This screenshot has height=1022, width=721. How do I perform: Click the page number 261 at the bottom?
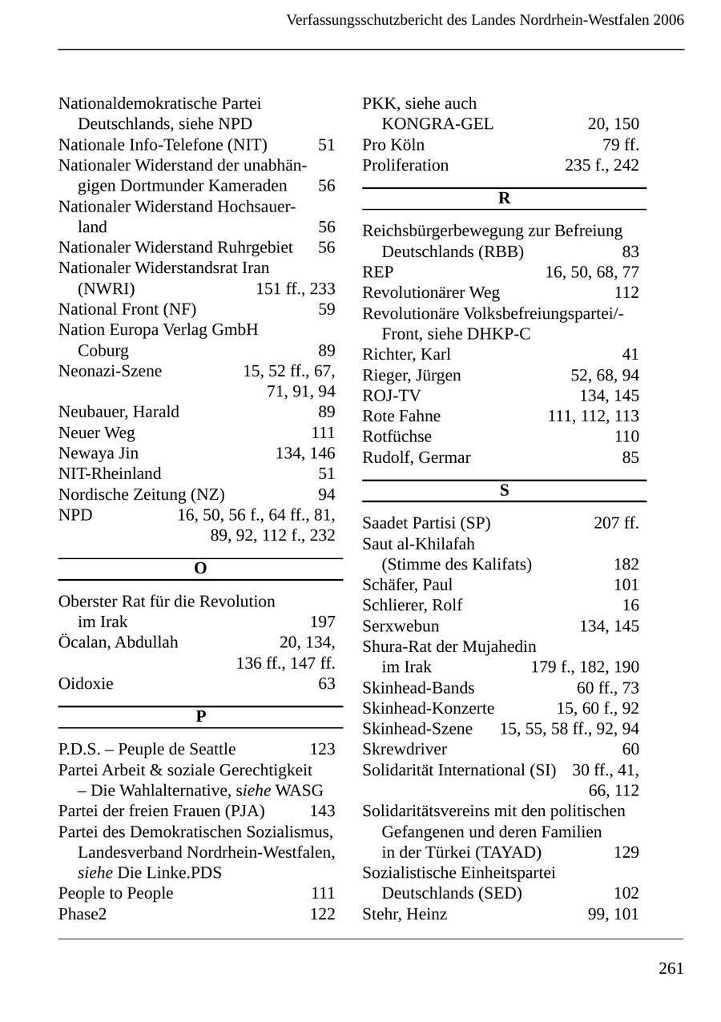click(x=671, y=968)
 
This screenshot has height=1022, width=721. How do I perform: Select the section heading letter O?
click(x=200, y=569)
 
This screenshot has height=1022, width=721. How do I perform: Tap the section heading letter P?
click(x=200, y=717)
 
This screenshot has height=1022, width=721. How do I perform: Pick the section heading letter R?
click(x=504, y=199)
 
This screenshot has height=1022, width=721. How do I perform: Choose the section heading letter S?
click(x=504, y=491)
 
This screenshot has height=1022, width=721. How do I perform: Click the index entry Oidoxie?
click(x=86, y=684)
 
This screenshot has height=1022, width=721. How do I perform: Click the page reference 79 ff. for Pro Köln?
click(x=620, y=145)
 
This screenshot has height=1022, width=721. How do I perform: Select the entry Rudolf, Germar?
click(x=417, y=457)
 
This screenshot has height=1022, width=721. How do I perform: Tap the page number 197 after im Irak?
click(x=322, y=622)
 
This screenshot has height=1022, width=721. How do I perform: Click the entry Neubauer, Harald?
click(x=119, y=412)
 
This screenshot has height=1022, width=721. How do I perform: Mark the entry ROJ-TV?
click(x=391, y=396)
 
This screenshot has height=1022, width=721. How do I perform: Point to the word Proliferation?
click(x=405, y=166)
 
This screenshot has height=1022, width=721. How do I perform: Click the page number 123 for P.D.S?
click(x=322, y=750)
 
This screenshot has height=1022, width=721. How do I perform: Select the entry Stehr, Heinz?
click(x=405, y=914)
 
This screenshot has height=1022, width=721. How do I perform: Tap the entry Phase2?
click(x=83, y=914)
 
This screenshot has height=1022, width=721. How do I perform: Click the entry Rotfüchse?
click(x=397, y=437)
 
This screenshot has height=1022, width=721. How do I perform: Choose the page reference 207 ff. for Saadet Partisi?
click(x=616, y=524)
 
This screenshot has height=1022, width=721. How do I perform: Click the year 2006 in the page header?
click(x=668, y=20)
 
